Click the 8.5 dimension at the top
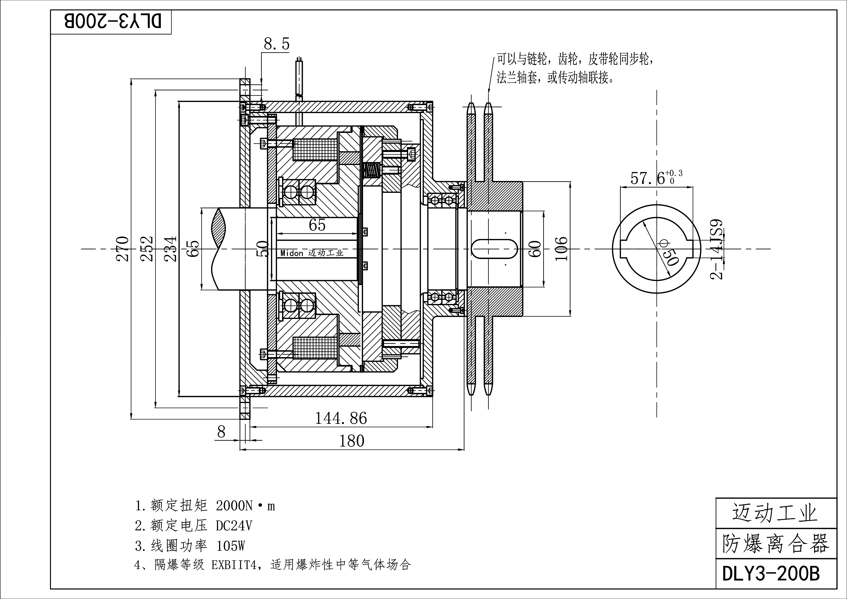[276, 44]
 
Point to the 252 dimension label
[147, 249]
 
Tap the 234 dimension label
[171, 249]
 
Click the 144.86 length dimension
[341, 419]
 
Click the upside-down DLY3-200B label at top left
[113, 22]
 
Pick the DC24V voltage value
[234, 526]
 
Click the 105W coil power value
[231, 546]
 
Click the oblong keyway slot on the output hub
[494, 249]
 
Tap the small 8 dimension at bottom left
[221, 432]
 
